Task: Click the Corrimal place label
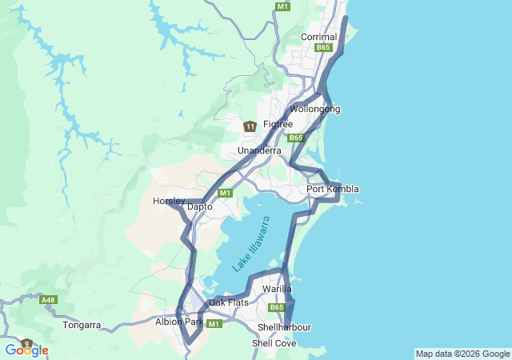(318, 37)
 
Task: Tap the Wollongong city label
(314, 109)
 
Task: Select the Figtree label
(278, 124)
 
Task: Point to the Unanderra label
(259, 150)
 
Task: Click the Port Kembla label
(333, 189)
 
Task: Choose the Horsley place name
(168, 200)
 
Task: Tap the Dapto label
(199, 206)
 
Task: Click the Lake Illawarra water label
(252, 243)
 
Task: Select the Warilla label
(277, 289)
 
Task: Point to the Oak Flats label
(229, 302)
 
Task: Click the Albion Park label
(179, 322)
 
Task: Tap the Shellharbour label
(284, 327)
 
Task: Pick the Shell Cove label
(274, 342)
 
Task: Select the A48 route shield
(48, 300)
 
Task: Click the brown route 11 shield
(250, 126)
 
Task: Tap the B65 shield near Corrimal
(323, 48)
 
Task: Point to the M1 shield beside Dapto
(225, 193)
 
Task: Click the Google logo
(26, 350)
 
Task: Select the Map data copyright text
(462, 354)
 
